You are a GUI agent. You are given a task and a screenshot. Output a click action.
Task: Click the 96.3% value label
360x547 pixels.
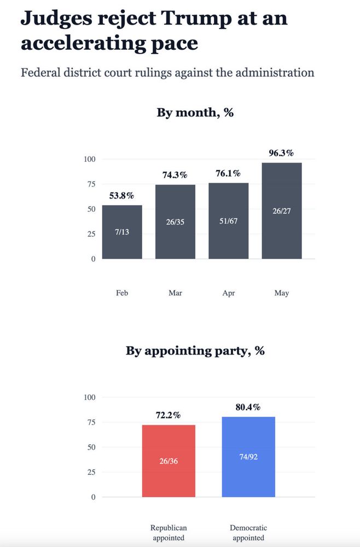point(281,153)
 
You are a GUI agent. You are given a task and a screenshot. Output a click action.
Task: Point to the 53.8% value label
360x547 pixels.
point(121,195)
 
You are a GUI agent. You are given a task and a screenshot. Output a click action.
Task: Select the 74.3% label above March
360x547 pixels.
point(175,175)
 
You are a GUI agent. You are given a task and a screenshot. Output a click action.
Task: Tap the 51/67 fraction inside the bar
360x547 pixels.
point(228,221)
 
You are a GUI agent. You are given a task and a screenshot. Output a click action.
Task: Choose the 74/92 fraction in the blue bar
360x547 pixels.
point(248,457)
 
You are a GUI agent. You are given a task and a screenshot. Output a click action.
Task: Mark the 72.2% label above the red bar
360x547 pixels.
point(169,415)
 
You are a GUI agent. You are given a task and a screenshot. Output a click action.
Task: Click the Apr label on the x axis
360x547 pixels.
point(228,293)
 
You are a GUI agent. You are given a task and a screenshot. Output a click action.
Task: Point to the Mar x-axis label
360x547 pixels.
point(175,293)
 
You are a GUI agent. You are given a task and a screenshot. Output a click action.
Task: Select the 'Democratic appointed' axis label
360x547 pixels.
point(248,533)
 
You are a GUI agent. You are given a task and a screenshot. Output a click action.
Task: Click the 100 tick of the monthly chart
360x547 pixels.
point(90,159)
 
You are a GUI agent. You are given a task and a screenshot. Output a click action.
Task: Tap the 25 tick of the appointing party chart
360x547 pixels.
point(90,472)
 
